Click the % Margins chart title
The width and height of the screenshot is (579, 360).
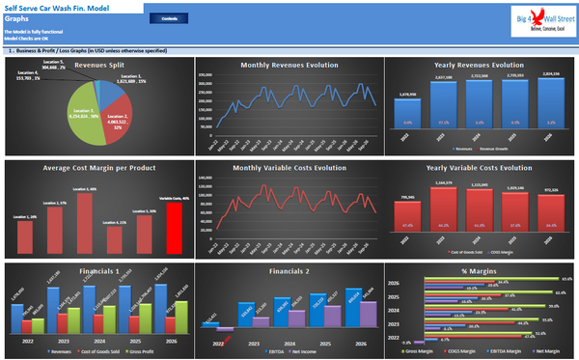478,272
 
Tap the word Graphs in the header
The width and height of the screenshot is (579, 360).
17,16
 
